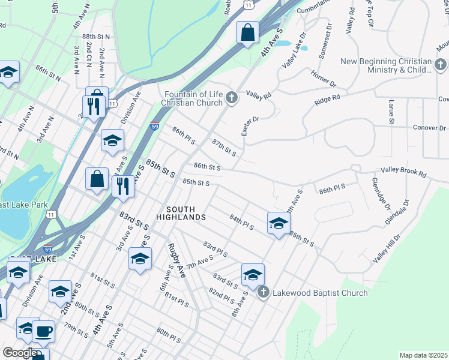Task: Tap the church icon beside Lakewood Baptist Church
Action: coord(262,292)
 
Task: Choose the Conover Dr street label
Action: coord(429,128)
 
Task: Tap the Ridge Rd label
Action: coord(327,100)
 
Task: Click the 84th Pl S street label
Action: coord(242,222)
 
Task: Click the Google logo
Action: coord(20,353)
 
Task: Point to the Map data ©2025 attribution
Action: coord(423,355)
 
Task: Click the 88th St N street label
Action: coord(97,37)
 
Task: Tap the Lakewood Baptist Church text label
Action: coord(320,293)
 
